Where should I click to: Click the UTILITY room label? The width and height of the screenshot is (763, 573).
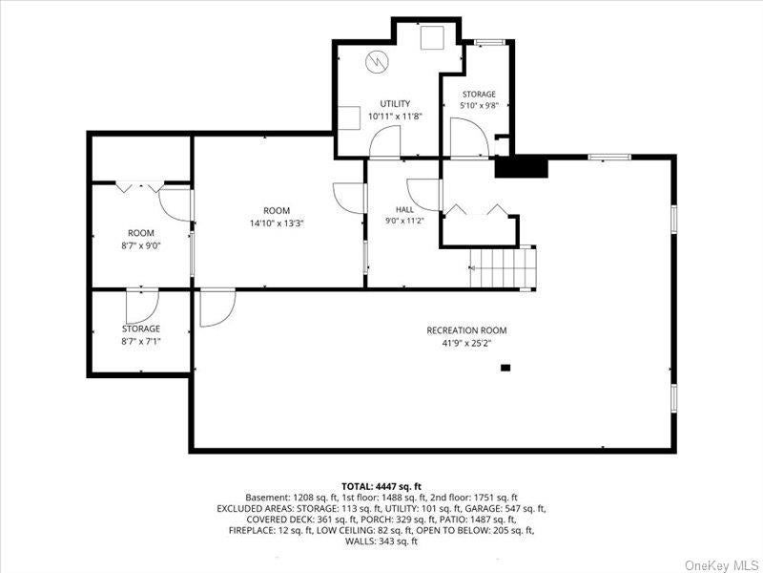(395, 103)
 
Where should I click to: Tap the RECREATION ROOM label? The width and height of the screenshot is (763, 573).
(466, 330)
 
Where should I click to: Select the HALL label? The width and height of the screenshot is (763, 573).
(404, 209)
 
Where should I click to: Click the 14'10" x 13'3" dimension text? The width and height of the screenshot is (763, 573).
(277, 223)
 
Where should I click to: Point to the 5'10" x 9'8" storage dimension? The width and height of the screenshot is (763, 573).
(479, 105)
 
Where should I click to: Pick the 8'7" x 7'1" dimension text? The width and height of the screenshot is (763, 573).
(140, 341)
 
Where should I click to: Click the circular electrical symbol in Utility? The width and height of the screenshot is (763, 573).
(377, 61)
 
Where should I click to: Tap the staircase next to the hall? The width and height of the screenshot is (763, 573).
(503, 267)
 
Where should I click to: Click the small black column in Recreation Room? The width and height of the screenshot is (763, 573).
(505, 368)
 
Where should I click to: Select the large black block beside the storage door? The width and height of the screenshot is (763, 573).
(522, 166)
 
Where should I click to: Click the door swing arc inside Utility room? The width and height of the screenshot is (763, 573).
(385, 141)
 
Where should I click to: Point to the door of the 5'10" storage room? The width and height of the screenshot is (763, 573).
(469, 138)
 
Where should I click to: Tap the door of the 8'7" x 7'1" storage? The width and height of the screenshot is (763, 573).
(142, 307)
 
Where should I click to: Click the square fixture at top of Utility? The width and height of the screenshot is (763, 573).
(432, 37)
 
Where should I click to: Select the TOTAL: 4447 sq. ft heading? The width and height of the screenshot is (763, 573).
(381, 486)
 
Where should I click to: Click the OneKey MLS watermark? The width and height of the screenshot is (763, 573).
(722, 565)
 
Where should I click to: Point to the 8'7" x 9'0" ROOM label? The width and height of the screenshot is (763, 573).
(141, 233)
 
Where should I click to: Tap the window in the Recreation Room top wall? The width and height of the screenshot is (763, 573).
(609, 157)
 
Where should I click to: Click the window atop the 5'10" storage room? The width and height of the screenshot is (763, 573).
(490, 42)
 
